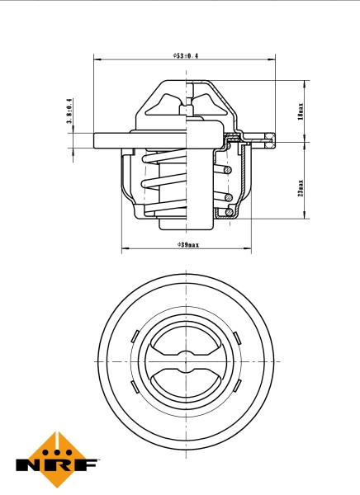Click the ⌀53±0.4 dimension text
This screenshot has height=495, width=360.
pos(186,55)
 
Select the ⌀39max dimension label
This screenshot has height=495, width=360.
pos(187,245)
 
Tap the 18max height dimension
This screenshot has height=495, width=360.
pos(301,109)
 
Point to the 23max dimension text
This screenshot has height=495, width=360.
pos(301,188)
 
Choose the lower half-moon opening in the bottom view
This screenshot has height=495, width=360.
pos(186,379)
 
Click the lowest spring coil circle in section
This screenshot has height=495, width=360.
pos(225,213)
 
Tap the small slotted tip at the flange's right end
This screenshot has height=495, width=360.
pos(266,139)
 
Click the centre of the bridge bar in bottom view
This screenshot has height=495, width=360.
pos(186,361)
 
